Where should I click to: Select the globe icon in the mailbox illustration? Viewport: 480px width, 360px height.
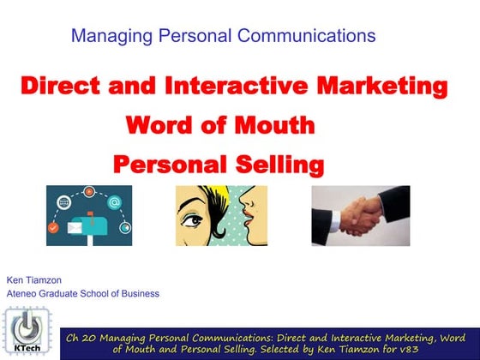[63, 203]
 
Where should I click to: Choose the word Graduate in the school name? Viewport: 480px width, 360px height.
[64, 293]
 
